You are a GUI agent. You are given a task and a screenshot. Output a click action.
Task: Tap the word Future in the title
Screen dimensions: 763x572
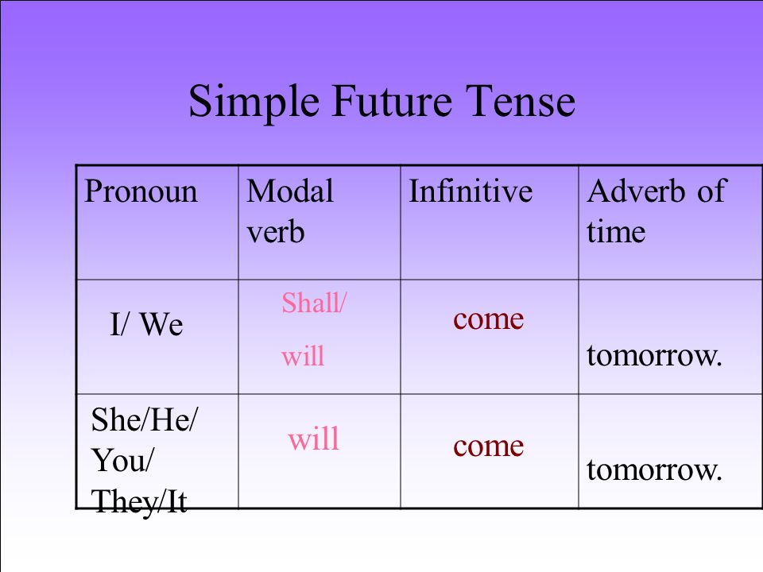point(392,100)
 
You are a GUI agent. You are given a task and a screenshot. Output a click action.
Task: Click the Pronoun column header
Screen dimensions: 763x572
point(141,191)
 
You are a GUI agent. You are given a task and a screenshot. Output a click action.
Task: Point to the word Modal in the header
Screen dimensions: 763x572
point(290,191)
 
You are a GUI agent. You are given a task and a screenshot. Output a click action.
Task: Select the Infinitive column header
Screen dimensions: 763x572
point(471,191)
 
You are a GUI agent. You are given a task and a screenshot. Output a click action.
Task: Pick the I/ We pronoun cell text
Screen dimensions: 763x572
point(146,324)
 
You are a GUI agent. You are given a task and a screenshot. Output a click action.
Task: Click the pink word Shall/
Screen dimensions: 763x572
point(314,303)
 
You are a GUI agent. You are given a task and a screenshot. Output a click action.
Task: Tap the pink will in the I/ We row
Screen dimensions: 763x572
point(303,356)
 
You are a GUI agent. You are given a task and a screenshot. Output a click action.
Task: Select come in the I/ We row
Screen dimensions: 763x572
point(489,319)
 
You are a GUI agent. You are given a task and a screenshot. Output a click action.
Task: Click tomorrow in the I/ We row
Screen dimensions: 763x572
point(654,356)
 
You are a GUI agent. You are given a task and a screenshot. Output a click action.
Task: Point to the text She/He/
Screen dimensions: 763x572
point(145,419)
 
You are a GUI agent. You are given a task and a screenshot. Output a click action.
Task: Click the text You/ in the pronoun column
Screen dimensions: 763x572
point(122,460)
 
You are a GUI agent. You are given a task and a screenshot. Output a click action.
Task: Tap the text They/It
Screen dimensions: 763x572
point(139,501)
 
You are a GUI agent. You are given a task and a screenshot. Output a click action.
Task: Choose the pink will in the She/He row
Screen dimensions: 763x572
point(313,439)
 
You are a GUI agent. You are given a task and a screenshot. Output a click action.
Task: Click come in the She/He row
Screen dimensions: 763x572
point(489,446)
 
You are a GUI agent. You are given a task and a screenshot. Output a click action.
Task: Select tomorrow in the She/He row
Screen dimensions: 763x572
point(654,470)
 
